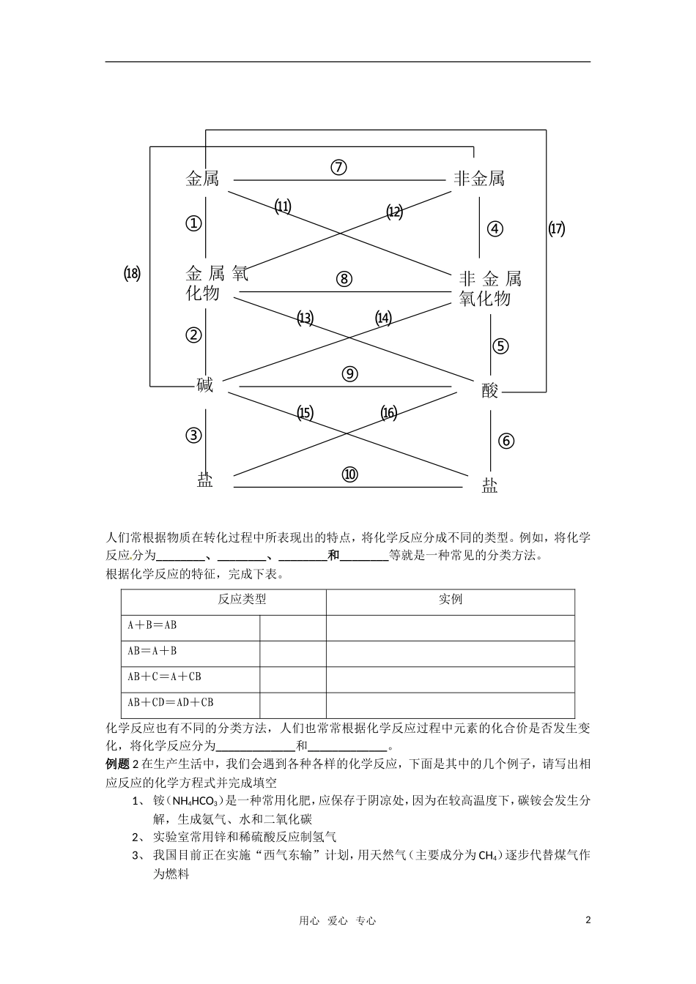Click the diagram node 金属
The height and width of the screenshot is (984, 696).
click(202, 179)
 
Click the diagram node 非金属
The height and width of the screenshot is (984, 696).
click(479, 179)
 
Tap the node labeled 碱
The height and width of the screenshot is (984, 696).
click(205, 385)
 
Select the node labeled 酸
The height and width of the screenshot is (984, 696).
click(490, 391)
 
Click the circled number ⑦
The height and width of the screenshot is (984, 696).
click(338, 167)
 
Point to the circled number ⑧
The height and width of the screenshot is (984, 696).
click(344, 279)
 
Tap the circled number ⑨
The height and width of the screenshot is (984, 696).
click(349, 373)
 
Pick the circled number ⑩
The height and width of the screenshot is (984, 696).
click(349, 474)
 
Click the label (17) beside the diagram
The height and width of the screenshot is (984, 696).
click(557, 228)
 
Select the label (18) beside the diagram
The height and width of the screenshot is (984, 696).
click(132, 274)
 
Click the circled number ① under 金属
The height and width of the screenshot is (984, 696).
click(193, 223)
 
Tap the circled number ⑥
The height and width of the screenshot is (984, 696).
click(506, 441)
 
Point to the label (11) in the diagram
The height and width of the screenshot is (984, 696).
click(283, 206)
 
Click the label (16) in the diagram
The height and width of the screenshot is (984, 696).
click(389, 413)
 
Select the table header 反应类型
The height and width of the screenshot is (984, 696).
click(242, 600)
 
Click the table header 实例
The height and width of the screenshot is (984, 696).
click(451, 600)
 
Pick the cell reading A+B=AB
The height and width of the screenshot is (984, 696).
click(152, 625)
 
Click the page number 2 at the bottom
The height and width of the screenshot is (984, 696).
click(588, 920)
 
